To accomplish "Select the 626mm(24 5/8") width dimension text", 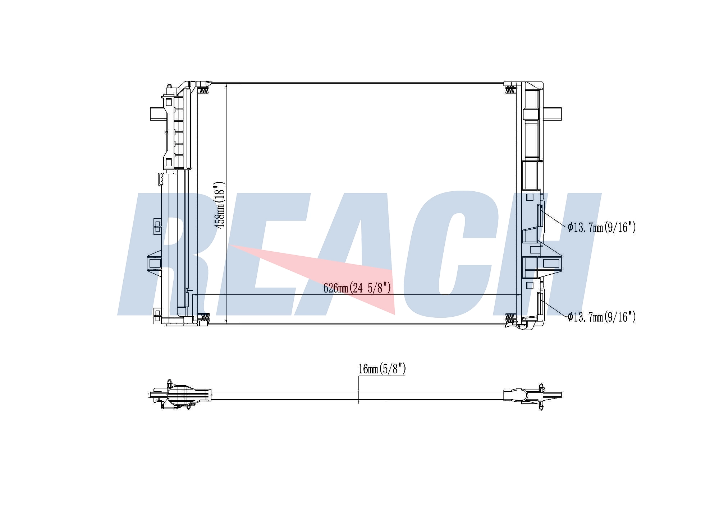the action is coord(357,288).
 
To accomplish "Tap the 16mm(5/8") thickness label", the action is coord(382,369).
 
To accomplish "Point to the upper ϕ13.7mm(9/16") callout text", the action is coord(602,227).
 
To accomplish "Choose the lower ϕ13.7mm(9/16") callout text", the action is coord(602,317).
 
